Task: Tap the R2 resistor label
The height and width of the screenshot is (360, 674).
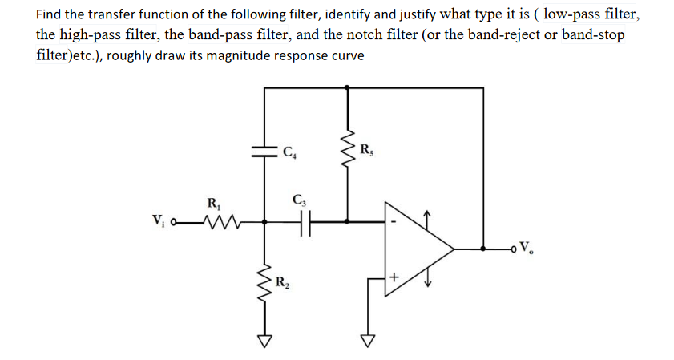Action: pyautogui.click(x=281, y=281)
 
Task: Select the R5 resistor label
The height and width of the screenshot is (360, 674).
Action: pyautogui.click(x=367, y=148)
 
